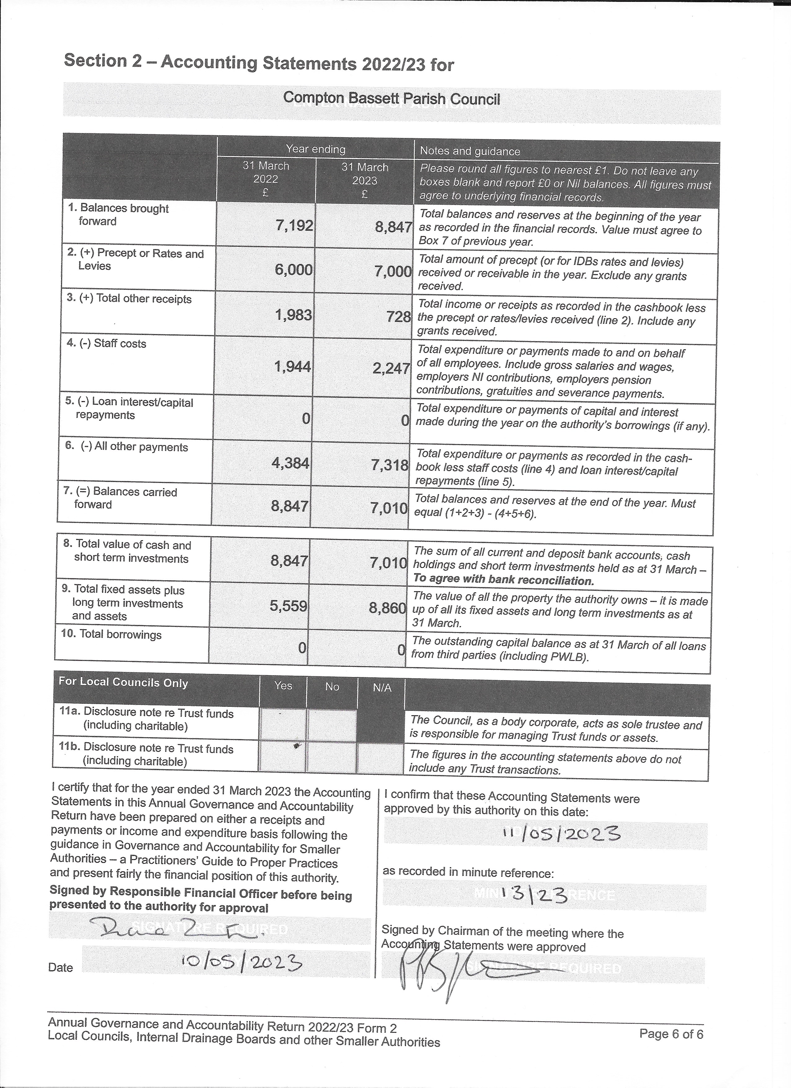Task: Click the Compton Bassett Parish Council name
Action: coord(391,98)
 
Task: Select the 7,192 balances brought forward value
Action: coord(294,225)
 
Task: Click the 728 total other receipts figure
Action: coord(399,317)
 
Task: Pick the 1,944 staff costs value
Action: coord(292,367)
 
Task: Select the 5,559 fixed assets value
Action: coord(288,606)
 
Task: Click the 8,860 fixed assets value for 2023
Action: coord(387,608)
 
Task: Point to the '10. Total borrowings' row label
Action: coord(111,634)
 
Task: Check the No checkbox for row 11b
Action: coord(332,757)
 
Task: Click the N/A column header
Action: coord(382,688)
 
